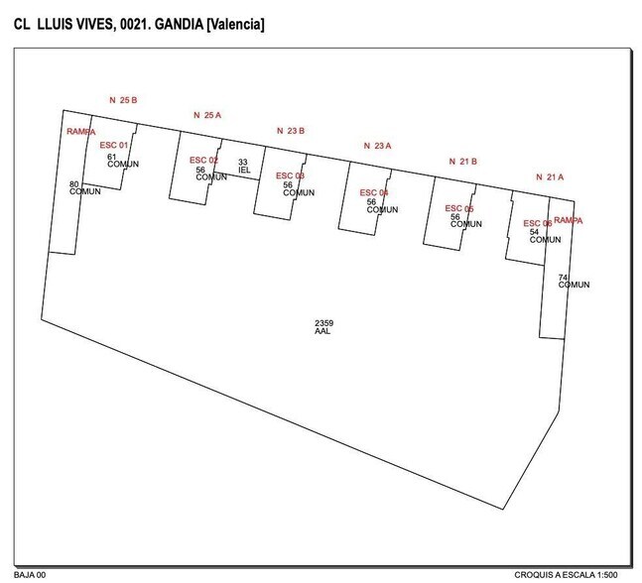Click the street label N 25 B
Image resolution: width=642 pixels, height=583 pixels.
point(122,100)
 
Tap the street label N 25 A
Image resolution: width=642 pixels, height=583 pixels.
point(206,115)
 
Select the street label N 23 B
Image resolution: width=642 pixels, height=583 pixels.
point(290,130)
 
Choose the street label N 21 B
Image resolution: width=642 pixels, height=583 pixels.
point(463,161)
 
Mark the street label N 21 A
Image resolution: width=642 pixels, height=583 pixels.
point(549,176)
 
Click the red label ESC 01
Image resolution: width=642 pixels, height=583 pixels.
point(114,145)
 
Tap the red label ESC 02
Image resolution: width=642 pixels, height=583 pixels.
point(203,160)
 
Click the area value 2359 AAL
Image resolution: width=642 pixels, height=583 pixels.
point(323,327)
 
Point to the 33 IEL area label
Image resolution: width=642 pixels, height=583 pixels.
point(243,166)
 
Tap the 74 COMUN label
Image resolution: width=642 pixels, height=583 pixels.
point(573,281)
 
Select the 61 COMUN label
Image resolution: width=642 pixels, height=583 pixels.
point(122,160)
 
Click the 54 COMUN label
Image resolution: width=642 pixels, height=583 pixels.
point(544,236)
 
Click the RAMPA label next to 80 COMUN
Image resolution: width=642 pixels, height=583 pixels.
point(81,131)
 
